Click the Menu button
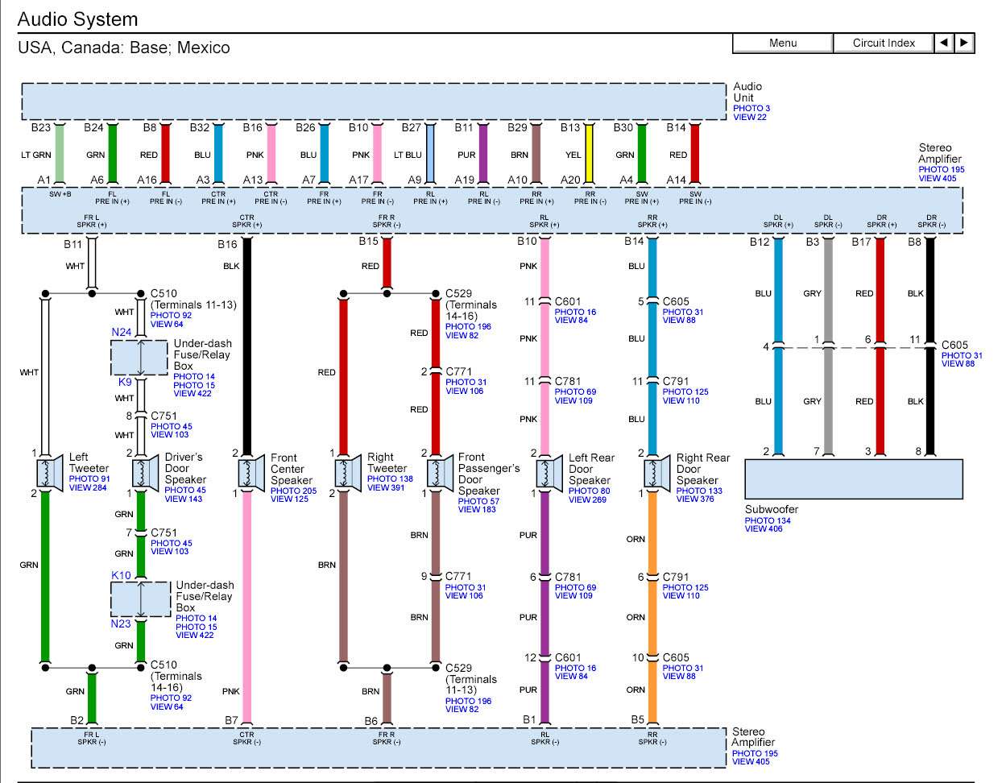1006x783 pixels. tap(782, 43)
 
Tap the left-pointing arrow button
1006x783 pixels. tap(944, 43)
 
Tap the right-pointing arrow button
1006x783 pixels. tap(964, 43)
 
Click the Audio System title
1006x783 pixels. tap(77, 19)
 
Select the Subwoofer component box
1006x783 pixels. tap(853, 479)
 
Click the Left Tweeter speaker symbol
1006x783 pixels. tap(50, 473)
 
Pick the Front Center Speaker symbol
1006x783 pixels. tap(251, 473)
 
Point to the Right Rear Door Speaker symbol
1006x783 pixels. tap(657, 473)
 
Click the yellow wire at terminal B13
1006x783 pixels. tap(590, 154)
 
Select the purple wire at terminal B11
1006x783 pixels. tap(483, 154)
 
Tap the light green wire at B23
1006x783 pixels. tap(60, 154)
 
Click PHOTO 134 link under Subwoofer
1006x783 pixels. tap(768, 520)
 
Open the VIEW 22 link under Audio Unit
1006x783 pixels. tap(750, 118)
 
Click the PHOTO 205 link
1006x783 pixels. tap(293, 491)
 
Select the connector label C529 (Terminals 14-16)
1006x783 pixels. tap(471, 304)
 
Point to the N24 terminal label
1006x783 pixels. tap(121, 332)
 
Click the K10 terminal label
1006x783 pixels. tap(121, 575)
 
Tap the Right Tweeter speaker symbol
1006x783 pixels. tap(349, 473)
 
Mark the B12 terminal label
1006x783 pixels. tap(759, 242)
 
